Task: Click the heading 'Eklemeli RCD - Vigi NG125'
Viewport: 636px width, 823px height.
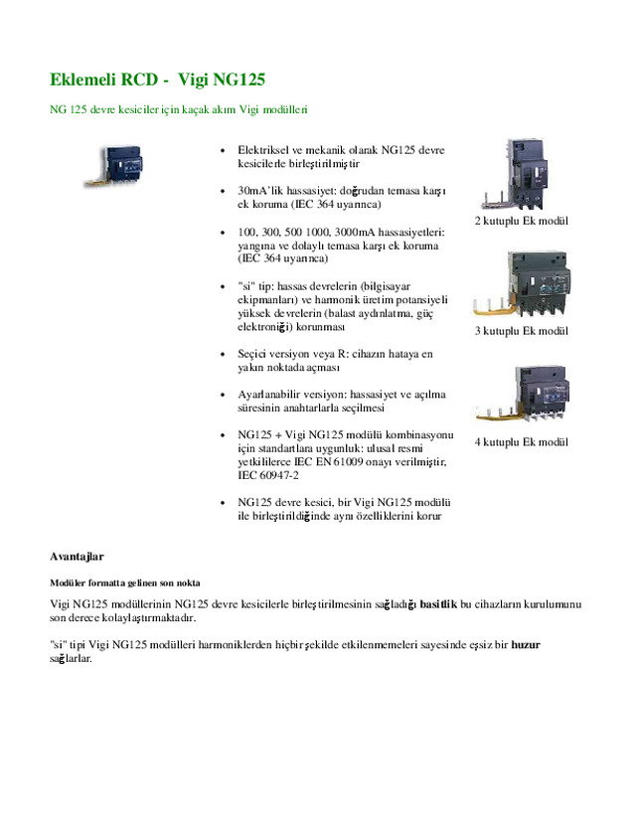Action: click(x=158, y=79)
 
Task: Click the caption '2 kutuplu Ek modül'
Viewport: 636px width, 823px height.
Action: click(x=521, y=220)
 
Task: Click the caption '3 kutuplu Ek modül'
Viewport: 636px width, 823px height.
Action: click(x=521, y=330)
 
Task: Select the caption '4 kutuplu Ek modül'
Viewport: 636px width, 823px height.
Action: click(x=521, y=441)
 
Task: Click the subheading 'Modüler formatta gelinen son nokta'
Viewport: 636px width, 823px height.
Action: click(x=125, y=581)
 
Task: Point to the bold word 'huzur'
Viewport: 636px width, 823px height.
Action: click(x=526, y=644)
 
